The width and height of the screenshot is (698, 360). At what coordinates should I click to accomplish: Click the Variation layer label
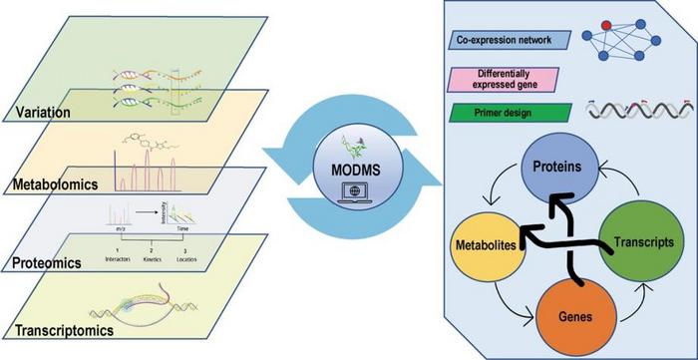tap(41, 113)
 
